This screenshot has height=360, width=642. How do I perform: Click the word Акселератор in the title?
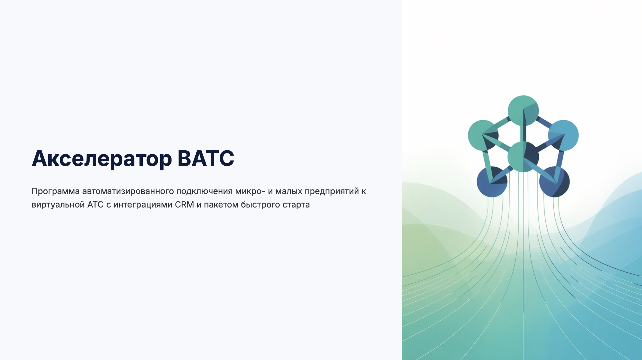tap(102, 159)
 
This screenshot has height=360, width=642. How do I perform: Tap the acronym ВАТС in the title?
tap(206, 158)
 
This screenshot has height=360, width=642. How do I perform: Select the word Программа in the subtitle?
tap(56, 192)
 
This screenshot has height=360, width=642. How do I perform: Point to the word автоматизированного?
tap(128, 192)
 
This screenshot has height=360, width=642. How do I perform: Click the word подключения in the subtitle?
tap(205, 192)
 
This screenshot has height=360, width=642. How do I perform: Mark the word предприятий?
tap(332, 192)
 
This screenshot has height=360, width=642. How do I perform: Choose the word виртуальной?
tap(58, 205)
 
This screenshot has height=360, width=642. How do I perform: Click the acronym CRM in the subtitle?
tap(184, 204)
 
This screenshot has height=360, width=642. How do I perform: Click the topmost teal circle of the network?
tap(523, 111)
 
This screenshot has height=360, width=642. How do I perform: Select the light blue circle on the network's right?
tap(563, 135)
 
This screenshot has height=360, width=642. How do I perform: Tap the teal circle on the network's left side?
tap(483, 135)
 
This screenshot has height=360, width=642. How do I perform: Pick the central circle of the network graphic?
tap(523, 157)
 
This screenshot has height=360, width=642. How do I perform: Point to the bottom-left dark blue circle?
tap(492, 182)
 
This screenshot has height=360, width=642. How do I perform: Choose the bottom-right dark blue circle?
tap(554, 182)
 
